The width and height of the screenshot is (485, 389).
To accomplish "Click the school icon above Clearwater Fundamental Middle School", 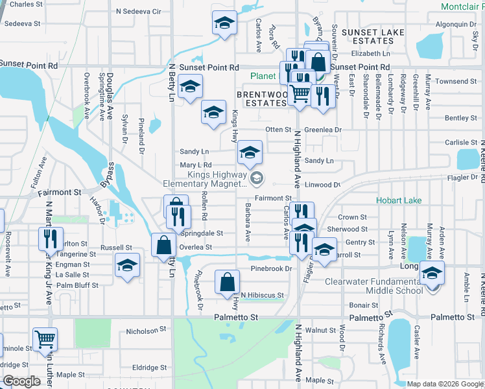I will (432, 272).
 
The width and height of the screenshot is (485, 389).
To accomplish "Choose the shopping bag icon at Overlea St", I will (163, 245).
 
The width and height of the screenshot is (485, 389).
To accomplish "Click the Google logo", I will (21, 381).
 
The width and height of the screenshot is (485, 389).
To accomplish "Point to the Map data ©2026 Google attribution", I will (444, 384).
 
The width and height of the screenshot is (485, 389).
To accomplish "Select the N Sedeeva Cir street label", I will (138, 12).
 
